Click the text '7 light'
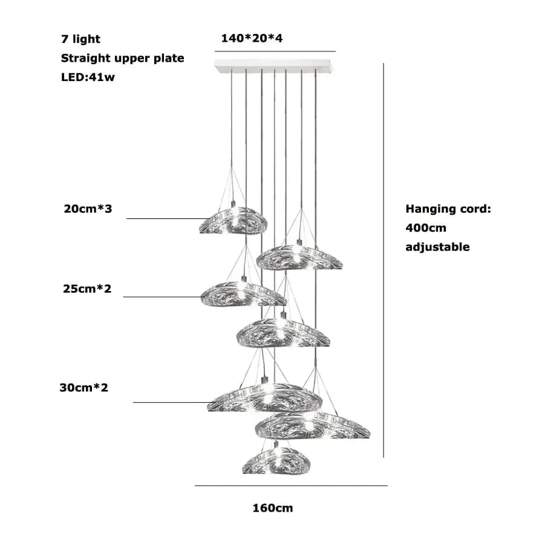pyautogui.click(x=80, y=39)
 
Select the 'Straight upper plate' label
pyautogui.click(x=122, y=59)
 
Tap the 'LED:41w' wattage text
pyautogui.click(x=88, y=78)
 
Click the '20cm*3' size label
pyautogui.click(x=88, y=209)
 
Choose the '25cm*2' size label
pyautogui.click(x=87, y=289)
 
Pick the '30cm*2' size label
pyautogui.click(x=83, y=387)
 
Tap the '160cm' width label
pyautogui.click(x=272, y=508)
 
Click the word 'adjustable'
pyautogui.click(x=437, y=247)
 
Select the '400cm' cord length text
pyautogui.click(x=426, y=228)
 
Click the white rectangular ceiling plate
pyautogui.click(x=275, y=65)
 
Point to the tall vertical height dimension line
pyautogui.click(x=384, y=260)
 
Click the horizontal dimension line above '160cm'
pyautogui.click(x=291, y=485)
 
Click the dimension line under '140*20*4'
pyautogui.click(x=275, y=51)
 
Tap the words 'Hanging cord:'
pyautogui.click(x=448, y=209)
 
